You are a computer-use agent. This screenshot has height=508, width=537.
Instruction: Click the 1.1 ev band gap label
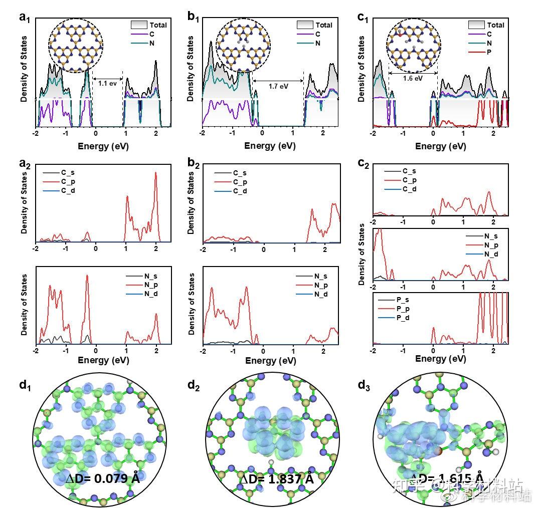coord(107,83)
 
